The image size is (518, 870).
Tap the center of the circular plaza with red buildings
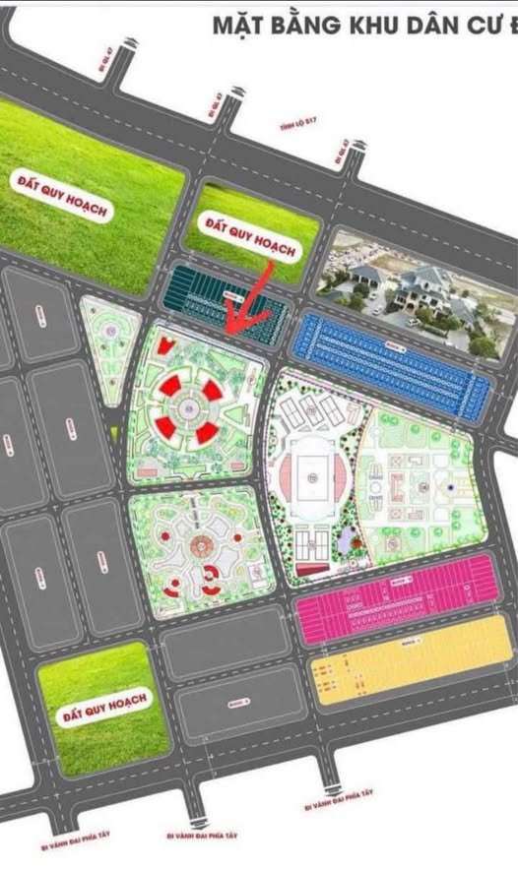(188, 404)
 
